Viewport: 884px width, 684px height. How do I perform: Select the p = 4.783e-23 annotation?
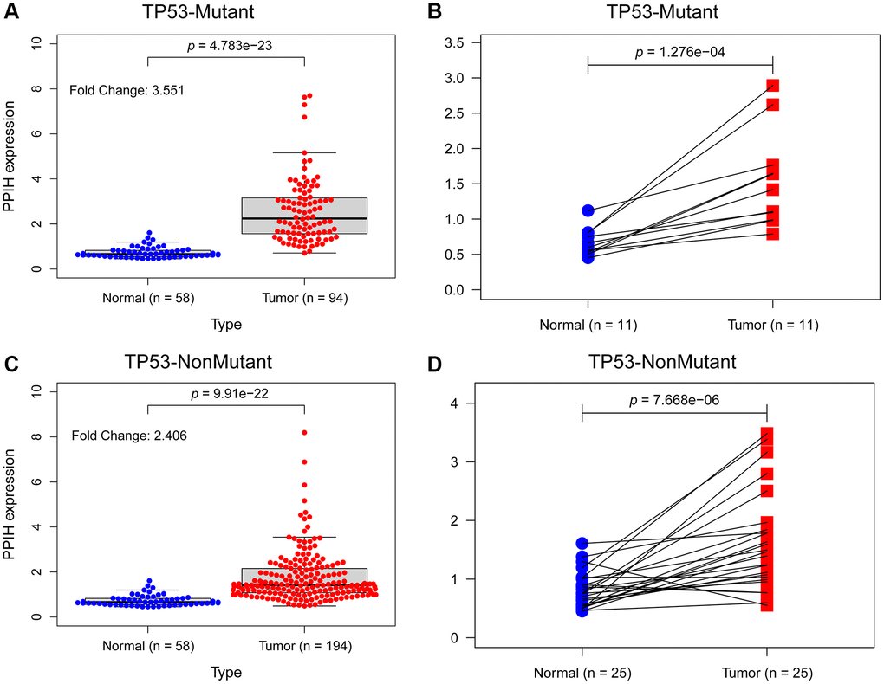pos(226,43)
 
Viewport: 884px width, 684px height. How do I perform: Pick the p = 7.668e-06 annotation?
pos(674,401)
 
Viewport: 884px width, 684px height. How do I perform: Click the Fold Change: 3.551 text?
pos(127,89)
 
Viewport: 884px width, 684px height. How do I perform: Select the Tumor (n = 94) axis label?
pos(304,297)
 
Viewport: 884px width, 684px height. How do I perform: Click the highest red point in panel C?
pos(304,432)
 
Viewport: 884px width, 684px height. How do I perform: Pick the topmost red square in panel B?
pos(772,85)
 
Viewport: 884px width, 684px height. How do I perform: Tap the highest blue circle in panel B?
pos(588,210)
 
